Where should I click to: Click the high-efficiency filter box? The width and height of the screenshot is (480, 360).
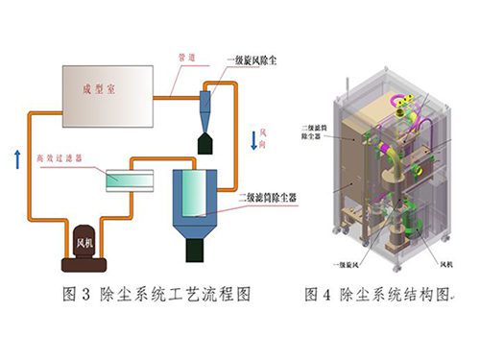[x=129, y=180]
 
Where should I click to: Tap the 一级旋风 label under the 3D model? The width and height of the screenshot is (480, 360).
[x=352, y=262]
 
